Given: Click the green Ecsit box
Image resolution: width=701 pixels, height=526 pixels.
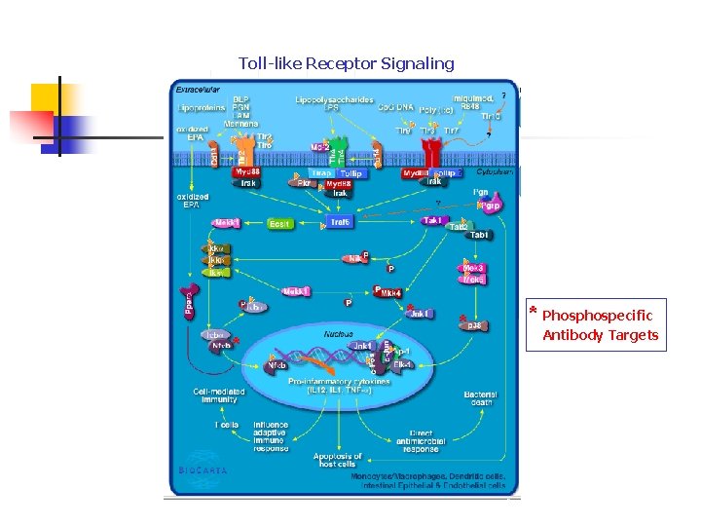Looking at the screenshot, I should click(x=279, y=223).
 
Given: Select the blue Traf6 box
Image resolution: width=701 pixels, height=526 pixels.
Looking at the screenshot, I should click(x=340, y=223).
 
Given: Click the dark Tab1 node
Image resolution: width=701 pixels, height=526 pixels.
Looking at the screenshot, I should click(x=479, y=235).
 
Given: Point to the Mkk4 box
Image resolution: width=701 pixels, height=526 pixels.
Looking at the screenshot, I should click(x=391, y=293).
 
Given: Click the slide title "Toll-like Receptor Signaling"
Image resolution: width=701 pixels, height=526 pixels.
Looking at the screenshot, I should click(x=346, y=64).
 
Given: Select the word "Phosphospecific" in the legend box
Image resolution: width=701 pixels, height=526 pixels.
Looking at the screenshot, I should click(x=598, y=316).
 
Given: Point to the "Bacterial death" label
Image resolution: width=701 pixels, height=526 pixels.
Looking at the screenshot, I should click(x=481, y=398).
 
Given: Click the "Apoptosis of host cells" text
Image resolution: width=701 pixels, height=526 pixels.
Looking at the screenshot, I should click(x=338, y=460).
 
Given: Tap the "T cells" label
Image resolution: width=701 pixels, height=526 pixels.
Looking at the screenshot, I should click(x=226, y=426).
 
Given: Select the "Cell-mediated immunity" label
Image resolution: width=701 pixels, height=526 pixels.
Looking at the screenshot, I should click(x=218, y=395).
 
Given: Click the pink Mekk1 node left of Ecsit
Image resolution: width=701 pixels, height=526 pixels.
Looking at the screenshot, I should click(x=227, y=223).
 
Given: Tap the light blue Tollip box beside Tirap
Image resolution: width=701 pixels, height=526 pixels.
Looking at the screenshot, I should click(x=350, y=173).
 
